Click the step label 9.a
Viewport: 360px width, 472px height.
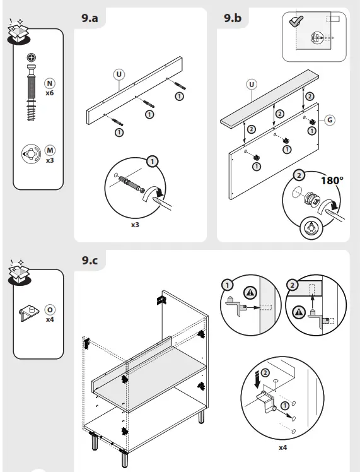pyautogui.click(x=90, y=18)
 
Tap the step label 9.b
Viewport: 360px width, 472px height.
pyautogui.click(x=233, y=18)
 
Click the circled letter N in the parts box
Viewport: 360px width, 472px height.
pyautogui.click(x=49, y=83)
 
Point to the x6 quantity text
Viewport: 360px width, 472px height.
pyautogui.click(x=49, y=93)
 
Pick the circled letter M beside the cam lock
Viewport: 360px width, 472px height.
pyautogui.click(x=50, y=150)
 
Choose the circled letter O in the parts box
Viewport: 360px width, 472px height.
pyautogui.click(x=50, y=310)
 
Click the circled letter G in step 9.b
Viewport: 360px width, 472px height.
pyautogui.click(x=330, y=119)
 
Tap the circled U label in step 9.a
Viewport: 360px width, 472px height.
pyautogui.click(x=118, y=74)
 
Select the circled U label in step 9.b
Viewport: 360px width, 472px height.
pyautogui.click(x=252, y=84)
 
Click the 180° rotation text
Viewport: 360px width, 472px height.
pyautogui.click(x=332, y=180)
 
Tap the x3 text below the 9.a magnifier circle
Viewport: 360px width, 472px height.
pyautogui.click(x=134, y=225)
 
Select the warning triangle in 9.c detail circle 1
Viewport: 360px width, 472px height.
pyautogui.click(x=251, y=293)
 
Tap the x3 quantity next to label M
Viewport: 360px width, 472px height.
pyautogui.click(x=50, y=160)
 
